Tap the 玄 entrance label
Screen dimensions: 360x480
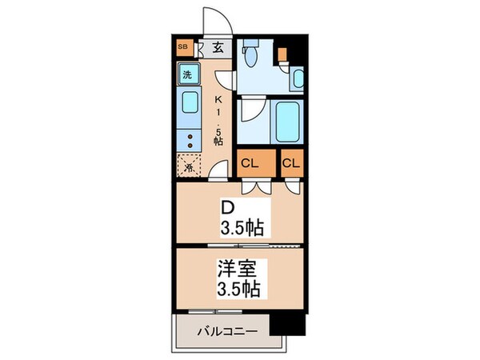[x=218, y=46]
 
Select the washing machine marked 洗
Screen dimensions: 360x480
[x=187, y=75]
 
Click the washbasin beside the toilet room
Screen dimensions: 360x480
[x=297, y=78]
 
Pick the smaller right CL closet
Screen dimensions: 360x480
[x=291, y=164]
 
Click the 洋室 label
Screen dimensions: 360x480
[x=236, y=268]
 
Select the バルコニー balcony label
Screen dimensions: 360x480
[x=223, y=330]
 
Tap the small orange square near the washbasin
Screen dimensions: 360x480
[x=283, y=56]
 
